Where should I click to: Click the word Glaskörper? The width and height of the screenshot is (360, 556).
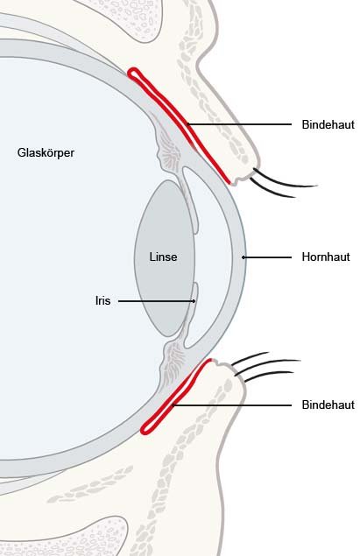46,153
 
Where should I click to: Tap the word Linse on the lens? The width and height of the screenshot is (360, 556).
163,257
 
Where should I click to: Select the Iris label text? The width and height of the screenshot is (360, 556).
102,300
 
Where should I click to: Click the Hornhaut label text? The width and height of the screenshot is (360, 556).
326,257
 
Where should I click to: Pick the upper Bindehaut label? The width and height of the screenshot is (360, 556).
328,124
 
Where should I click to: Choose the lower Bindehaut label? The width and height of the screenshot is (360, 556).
328,405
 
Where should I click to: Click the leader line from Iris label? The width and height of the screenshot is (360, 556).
157,301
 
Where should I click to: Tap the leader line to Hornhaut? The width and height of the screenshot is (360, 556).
267,257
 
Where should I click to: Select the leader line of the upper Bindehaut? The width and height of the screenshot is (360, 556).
239,124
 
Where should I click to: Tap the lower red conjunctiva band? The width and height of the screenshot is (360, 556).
175,398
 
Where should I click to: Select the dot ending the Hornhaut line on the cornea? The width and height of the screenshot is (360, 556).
244,257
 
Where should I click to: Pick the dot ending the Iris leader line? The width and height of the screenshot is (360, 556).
194,301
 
